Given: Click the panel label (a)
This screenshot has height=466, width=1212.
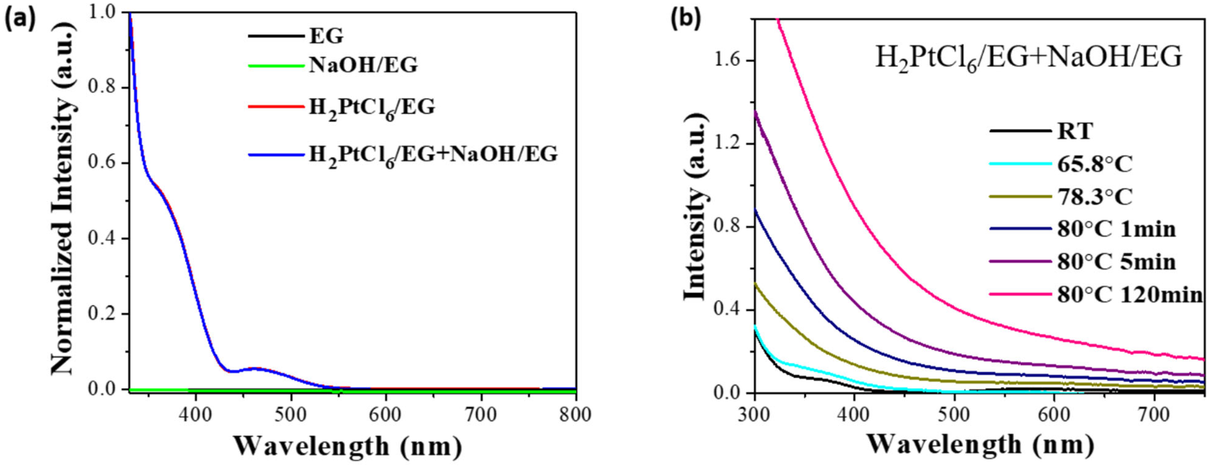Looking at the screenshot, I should (x=20, y=21).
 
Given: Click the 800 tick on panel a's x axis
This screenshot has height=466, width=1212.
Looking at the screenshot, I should (x=575, y=416).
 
